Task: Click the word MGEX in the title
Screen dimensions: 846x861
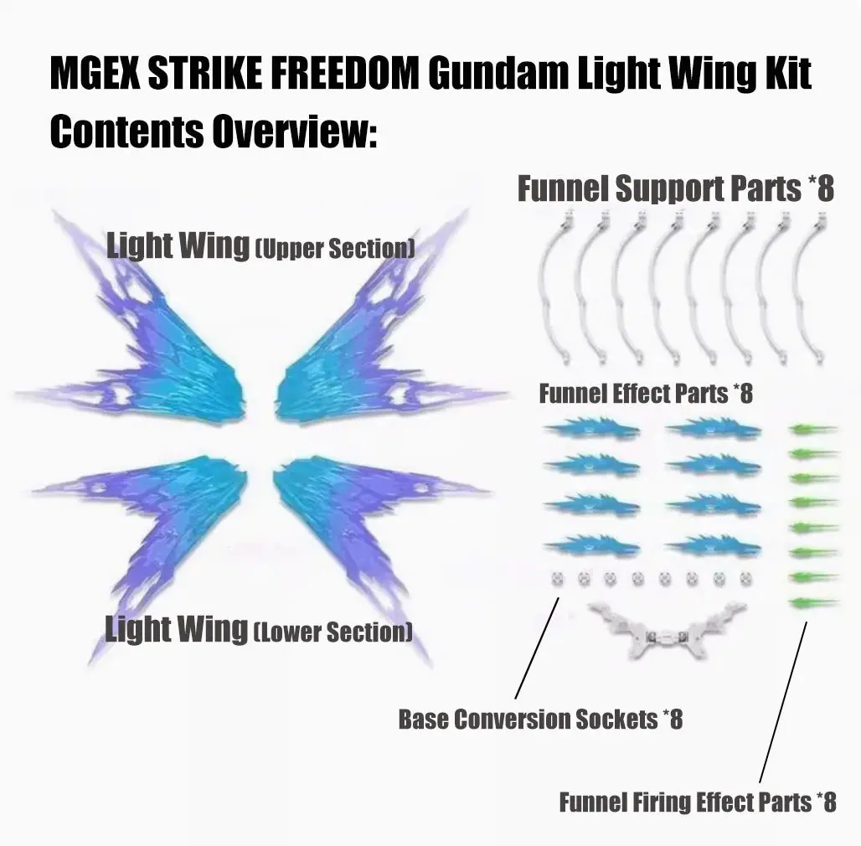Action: click(x=94, y=75)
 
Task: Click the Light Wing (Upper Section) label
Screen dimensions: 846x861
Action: click(x=260, y=246)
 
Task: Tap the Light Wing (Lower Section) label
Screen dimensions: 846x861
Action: click(x=258, y=629)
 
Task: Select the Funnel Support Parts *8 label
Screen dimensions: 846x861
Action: click(x=675, y=188)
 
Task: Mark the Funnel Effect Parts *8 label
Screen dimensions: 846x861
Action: click(x=645, y=393)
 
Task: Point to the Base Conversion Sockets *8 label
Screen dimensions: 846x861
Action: click(x=540, y=719)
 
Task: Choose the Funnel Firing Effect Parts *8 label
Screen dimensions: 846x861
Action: click(x=697, y=802)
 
